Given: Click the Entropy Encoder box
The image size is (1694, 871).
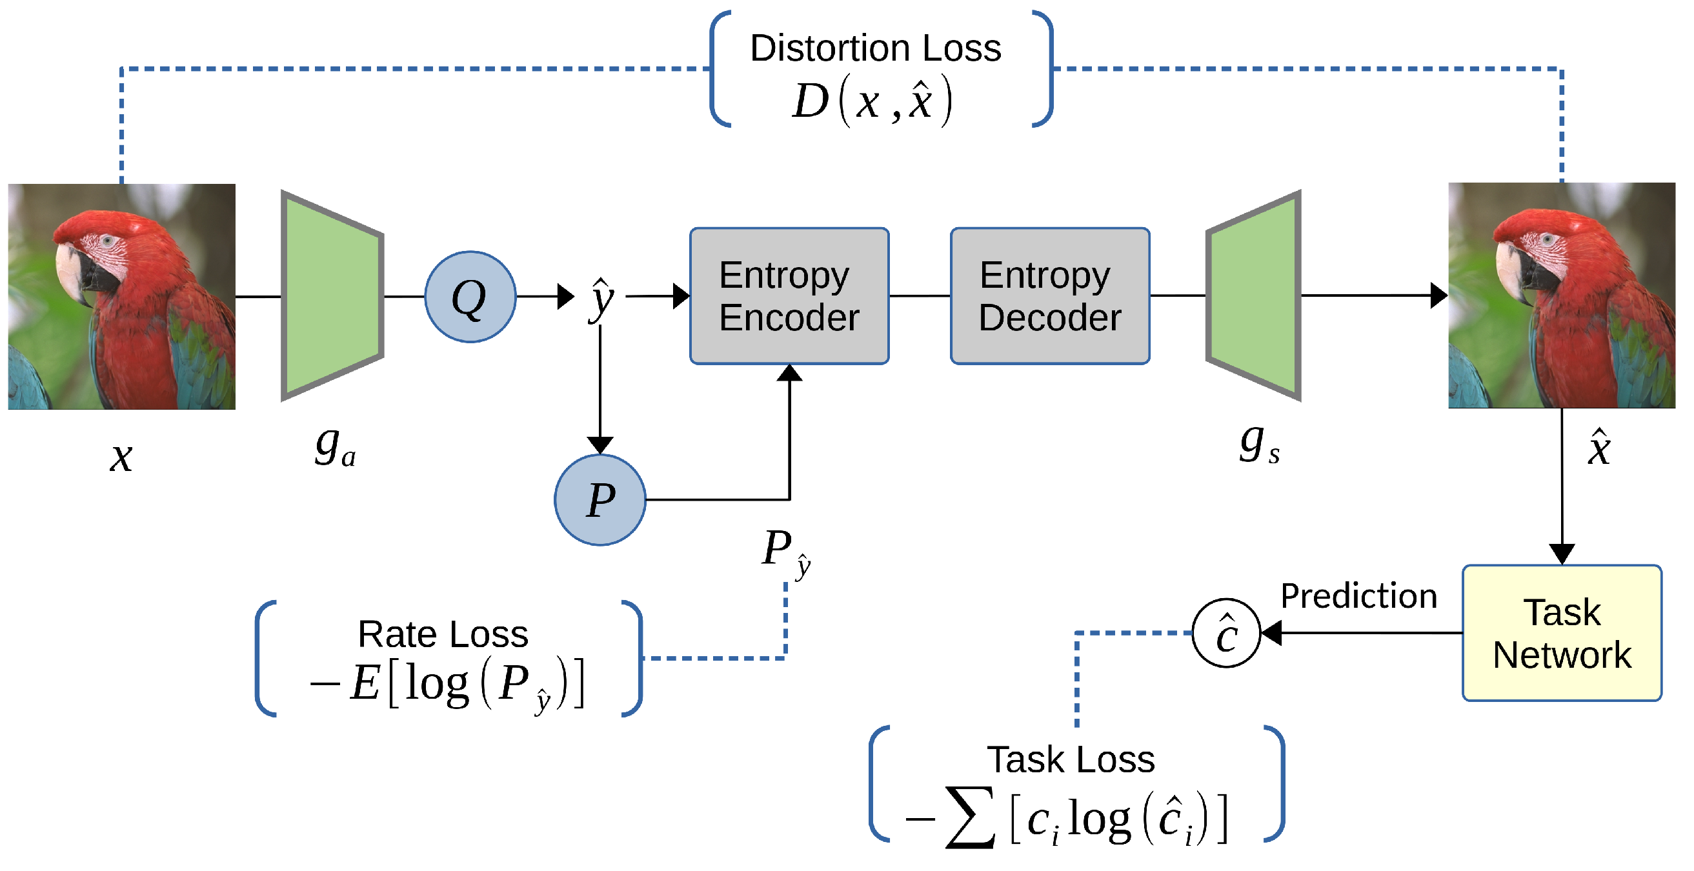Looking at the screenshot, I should click(789, 295).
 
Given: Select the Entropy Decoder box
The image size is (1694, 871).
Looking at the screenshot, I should click(1049, 295).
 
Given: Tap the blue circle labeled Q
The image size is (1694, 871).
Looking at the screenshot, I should click(470, 297).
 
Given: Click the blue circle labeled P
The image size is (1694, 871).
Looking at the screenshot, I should click(600, 500).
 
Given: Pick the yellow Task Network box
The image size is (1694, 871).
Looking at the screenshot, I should click(1561, 633).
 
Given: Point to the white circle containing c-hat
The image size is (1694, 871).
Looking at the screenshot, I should click(1225, 633).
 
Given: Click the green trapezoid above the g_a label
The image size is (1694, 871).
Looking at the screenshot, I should click(332, 295).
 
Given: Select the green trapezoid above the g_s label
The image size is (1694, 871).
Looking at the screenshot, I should click(1254, 295).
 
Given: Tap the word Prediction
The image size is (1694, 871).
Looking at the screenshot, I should click(1358, 596).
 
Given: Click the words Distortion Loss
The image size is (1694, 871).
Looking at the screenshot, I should click(874, 48).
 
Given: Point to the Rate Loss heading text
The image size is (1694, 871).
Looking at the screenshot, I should click(443, 634).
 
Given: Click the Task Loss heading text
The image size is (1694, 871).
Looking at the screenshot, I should click(1071, 760).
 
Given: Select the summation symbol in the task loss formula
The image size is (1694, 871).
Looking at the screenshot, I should click(971, 818).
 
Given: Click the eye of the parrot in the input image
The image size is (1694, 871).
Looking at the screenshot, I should click(107, 241).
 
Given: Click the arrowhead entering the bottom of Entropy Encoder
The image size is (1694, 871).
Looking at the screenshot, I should click(789, 374).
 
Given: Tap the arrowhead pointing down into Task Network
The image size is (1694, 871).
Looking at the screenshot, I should click(1561, 554).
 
